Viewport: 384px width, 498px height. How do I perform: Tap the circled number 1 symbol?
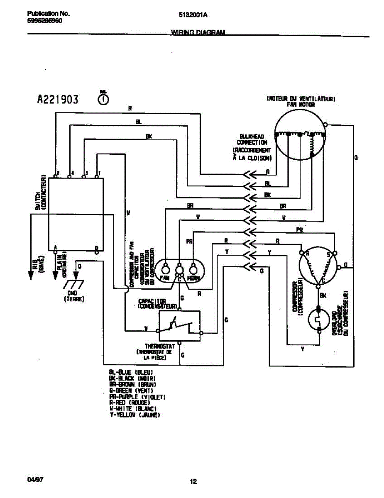tap(103, 100)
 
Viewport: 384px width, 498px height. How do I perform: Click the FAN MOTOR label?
tap(301, 105)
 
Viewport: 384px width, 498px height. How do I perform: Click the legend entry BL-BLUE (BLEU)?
tap(131, 372)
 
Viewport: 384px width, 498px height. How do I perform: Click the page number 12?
tap(193, 482)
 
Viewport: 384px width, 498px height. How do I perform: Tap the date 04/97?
tap(35, 480)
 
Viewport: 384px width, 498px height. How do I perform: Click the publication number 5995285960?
tap(44, 20)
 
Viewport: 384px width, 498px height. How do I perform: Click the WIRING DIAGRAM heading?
tap(198, 32)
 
